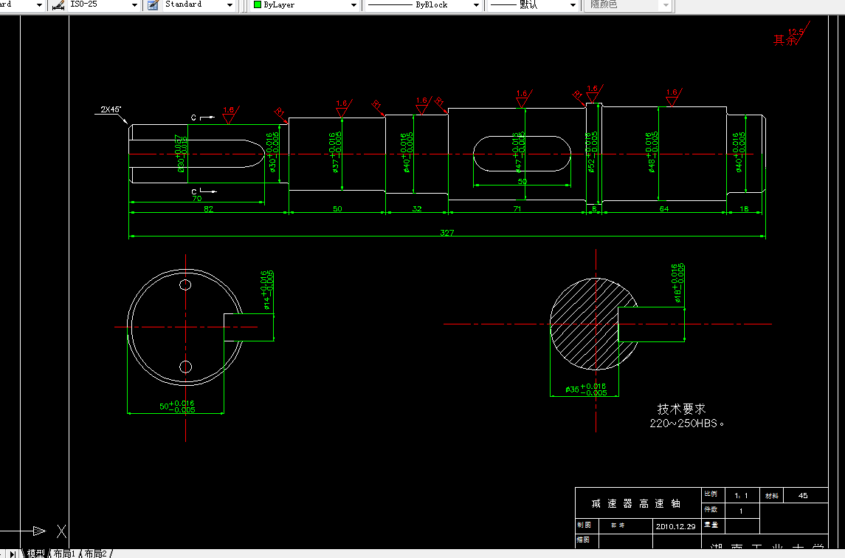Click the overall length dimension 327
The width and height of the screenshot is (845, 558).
(446, 233)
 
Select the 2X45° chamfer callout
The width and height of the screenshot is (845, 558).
(111, 109)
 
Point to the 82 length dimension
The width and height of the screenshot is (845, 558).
(208, 209)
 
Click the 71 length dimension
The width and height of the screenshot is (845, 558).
(517, 209)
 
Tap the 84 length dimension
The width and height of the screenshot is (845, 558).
(664, 209)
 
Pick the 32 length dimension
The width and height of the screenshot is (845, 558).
(416, 209)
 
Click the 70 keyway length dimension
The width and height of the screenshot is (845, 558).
(196, 199)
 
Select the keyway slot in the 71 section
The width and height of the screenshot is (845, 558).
(522, 153)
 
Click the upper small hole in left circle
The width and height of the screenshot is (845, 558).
(185, 285)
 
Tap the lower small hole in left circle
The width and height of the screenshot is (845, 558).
(185, 366)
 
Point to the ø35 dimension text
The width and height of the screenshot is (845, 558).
(586, 389)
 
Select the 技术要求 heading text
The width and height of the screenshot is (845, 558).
(681, 409)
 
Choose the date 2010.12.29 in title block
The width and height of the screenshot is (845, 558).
(675, 526)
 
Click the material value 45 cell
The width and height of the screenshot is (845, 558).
(803, 495)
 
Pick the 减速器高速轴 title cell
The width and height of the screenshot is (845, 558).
(636, 503)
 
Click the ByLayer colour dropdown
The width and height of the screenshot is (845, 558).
(305, 5)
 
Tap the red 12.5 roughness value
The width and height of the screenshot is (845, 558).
(796, 32)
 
